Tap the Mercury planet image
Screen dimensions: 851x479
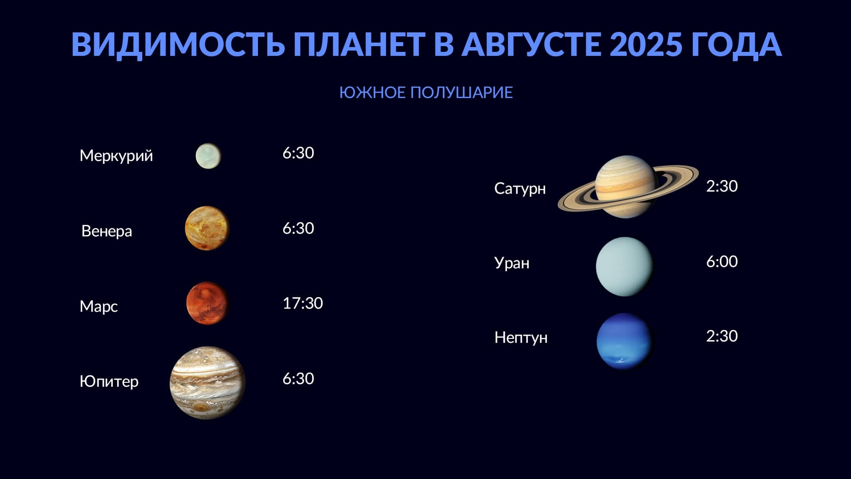[x=208, y=156]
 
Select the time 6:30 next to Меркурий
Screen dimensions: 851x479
[x=298, y=153]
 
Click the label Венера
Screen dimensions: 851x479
[x=107, y=231]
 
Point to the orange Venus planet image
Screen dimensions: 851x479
[x=207, y=228]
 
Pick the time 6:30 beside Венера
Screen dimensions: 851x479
[x=298, y=228]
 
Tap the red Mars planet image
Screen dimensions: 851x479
[x=207, y=303]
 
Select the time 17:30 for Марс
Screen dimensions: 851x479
[x=303, y=303]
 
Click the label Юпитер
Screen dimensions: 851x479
[x=109, y=381]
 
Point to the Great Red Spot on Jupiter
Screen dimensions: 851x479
[x=202, y=407]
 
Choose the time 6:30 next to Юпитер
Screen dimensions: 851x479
[x=298, y=379]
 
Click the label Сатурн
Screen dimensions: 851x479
[x=520, y=189]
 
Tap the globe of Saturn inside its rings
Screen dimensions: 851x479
[x=625, y=186]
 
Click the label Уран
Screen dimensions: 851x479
[x=512, y=263]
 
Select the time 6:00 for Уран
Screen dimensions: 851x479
[x=722, y=262]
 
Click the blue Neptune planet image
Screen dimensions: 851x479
[x=625, y=341]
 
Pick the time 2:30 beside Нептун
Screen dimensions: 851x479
[x=722, y=336]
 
